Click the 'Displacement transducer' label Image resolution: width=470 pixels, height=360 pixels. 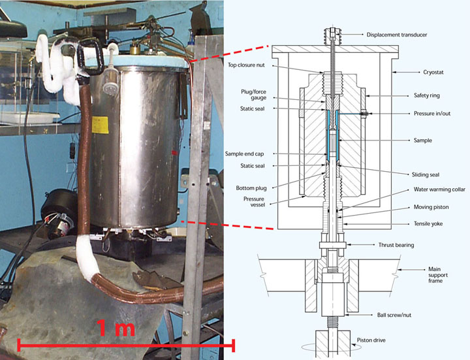tap(397, 35)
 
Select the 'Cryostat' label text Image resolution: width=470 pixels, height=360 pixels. tap(433, 73)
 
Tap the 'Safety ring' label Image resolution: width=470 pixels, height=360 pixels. tap(426, 95)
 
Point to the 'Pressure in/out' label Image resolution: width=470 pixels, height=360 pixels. tap(432, 114)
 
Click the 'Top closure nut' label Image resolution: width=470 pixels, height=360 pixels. tap(246, 65)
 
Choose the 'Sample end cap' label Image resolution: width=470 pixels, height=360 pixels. tap(244, 154)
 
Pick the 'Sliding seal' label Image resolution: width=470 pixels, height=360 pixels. tap(426, 174)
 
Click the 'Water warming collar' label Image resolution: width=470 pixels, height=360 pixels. tap(439, 189)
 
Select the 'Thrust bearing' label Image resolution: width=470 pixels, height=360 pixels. tap(396, 245)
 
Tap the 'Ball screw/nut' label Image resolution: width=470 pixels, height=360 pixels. tap(394, 315)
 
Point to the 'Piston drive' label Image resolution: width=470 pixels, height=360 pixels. tap(371, 340)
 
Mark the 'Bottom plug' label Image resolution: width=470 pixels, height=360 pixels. tap(251, 188)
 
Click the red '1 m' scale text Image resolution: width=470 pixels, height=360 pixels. tap(116, 328)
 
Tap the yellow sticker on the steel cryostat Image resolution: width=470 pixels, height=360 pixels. tap(100, 125)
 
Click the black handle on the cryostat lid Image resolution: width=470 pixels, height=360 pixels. tap(91, 57)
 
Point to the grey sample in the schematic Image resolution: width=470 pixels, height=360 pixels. tap(333, 142)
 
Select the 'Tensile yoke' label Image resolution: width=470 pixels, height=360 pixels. tap(428, 224)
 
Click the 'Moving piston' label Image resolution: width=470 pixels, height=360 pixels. tap(431, 207)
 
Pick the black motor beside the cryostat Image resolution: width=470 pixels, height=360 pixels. tap(58, 213)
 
